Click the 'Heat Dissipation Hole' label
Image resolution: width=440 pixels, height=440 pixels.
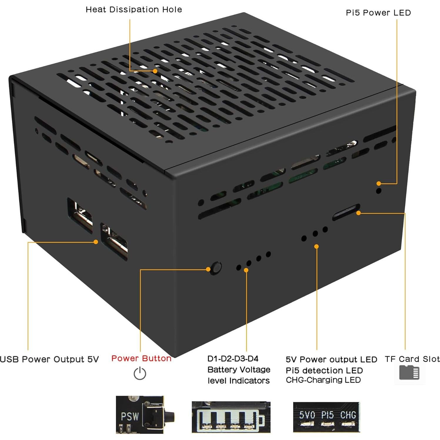(x=134, y=10)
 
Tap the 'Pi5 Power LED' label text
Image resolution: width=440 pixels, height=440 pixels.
(x=378, y=13)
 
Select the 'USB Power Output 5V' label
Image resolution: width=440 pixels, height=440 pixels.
(x=49, y=359)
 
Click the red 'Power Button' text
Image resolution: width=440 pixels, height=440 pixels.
(x=141, y=358)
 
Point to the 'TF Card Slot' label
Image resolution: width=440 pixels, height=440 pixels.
(x=412, y=359)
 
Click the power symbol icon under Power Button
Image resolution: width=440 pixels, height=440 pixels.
(x=140, y=373)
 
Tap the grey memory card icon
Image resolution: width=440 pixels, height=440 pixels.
(x=409, y=373)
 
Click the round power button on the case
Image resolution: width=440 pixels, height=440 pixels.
(x=217, y=267)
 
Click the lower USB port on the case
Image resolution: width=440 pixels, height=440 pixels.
(x=114, y=241)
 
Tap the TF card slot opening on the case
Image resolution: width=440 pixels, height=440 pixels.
(x=346, y=212)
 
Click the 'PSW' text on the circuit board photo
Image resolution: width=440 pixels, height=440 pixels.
(x=130, y=416)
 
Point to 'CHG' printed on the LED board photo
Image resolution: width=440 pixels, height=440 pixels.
(x=348, y=415)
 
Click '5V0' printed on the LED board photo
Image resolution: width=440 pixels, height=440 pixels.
(x=307, y=415)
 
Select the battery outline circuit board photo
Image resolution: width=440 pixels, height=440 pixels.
(x=231, y=417)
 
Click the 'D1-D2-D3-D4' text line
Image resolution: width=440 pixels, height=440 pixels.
(x=233, y=359)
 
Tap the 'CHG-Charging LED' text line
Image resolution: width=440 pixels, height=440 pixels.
(x=323, y=380)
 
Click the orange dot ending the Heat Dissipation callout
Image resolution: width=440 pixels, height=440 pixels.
(x=155, y=71)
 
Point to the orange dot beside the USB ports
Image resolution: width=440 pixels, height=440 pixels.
(x=96, y=242)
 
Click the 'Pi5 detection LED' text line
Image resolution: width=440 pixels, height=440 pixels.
(x=324, y=370)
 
